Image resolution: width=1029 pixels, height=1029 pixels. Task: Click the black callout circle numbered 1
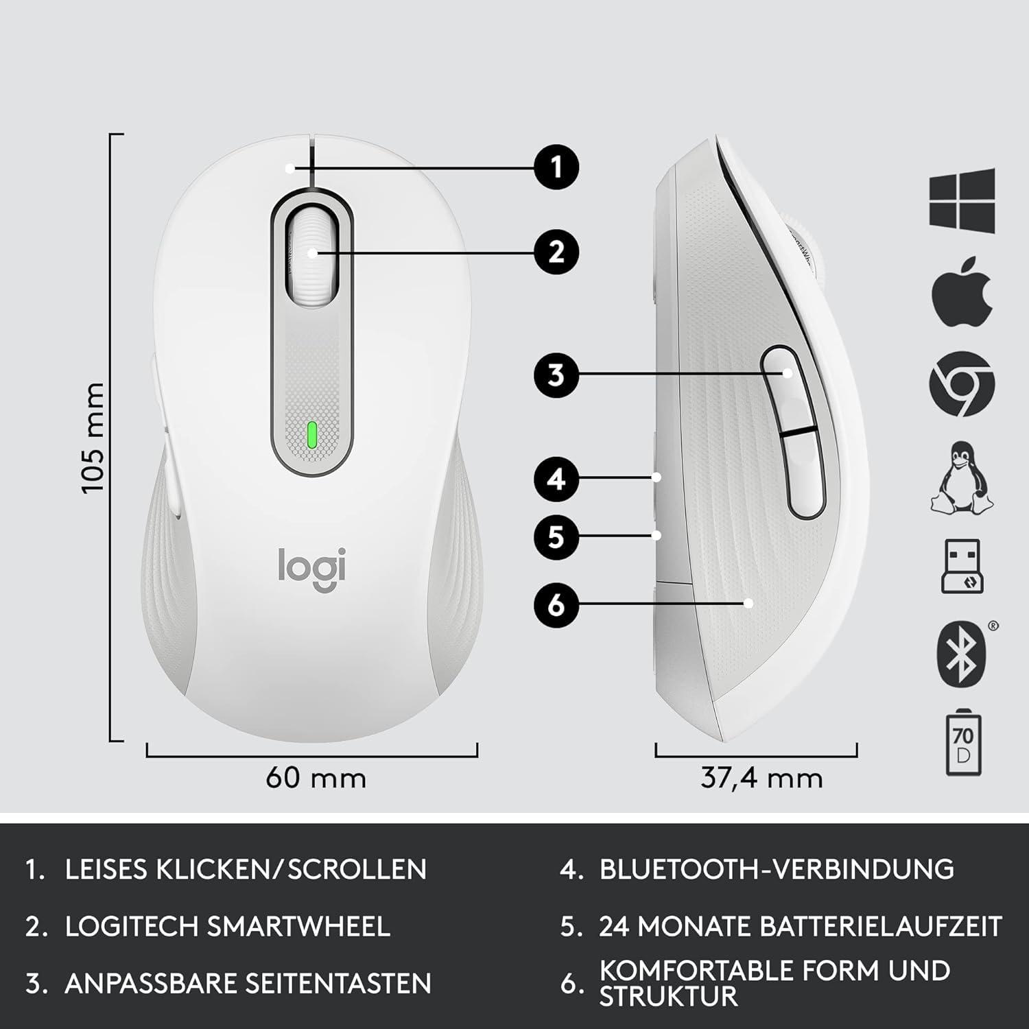coord(556,167)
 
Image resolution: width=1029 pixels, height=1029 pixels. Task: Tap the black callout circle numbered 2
coord(556,252)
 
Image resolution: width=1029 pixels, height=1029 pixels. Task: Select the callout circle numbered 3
coord(556,375)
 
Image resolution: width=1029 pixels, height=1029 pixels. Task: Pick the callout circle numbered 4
coord(556,478)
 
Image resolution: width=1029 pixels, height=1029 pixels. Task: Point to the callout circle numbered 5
coord(556,536)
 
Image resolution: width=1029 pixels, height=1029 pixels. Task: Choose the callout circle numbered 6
coord(556,604)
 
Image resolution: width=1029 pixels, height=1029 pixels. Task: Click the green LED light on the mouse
coord(312,435)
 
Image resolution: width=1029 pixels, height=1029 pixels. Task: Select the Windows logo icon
coord(962,199)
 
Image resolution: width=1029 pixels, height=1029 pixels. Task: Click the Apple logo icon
coord(962,291)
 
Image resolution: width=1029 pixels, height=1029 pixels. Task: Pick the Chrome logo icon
coord(962,383)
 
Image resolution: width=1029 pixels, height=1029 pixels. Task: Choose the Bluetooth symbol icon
coord(962,655)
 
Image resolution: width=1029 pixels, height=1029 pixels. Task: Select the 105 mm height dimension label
coord(92,438)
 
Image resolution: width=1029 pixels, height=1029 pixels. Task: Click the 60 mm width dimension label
coord(316,778)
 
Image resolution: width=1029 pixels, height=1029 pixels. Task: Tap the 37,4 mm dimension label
coord(761,779)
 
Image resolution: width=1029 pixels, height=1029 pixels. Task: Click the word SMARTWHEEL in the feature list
coord(298,926)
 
